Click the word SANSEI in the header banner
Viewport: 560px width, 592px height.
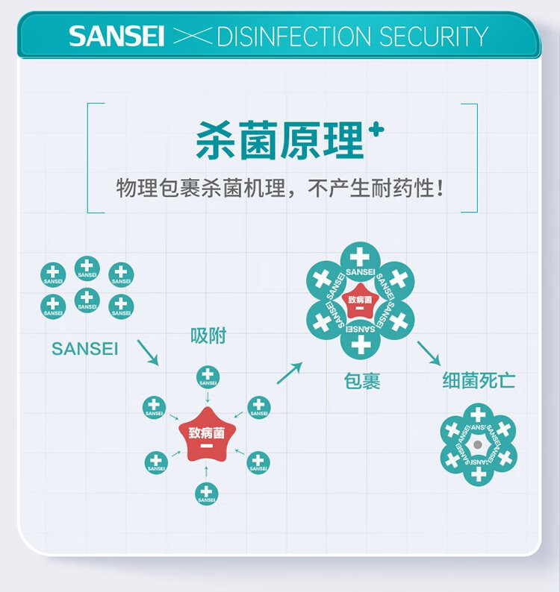pos(116,37)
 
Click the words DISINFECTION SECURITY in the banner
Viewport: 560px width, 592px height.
pos(352,37)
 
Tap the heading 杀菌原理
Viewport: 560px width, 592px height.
pos(279,141)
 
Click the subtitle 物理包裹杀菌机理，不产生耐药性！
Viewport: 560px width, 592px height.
pos(280,188)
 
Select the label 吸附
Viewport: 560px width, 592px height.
pos(208,337)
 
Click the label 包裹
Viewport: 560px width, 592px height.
pos(362,381)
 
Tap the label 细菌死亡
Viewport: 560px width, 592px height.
pos(479,381)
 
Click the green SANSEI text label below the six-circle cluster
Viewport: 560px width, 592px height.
pos(85,348)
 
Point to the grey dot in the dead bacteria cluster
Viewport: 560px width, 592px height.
pos(478,445)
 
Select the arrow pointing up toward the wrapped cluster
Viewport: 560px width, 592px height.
pos(290,373)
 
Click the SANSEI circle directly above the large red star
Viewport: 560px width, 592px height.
pos(208,377)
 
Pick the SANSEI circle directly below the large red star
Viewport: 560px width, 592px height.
pos(207,494)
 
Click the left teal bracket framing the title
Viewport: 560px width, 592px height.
pos(91,157)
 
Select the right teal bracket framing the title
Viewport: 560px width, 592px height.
pos(473,157)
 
